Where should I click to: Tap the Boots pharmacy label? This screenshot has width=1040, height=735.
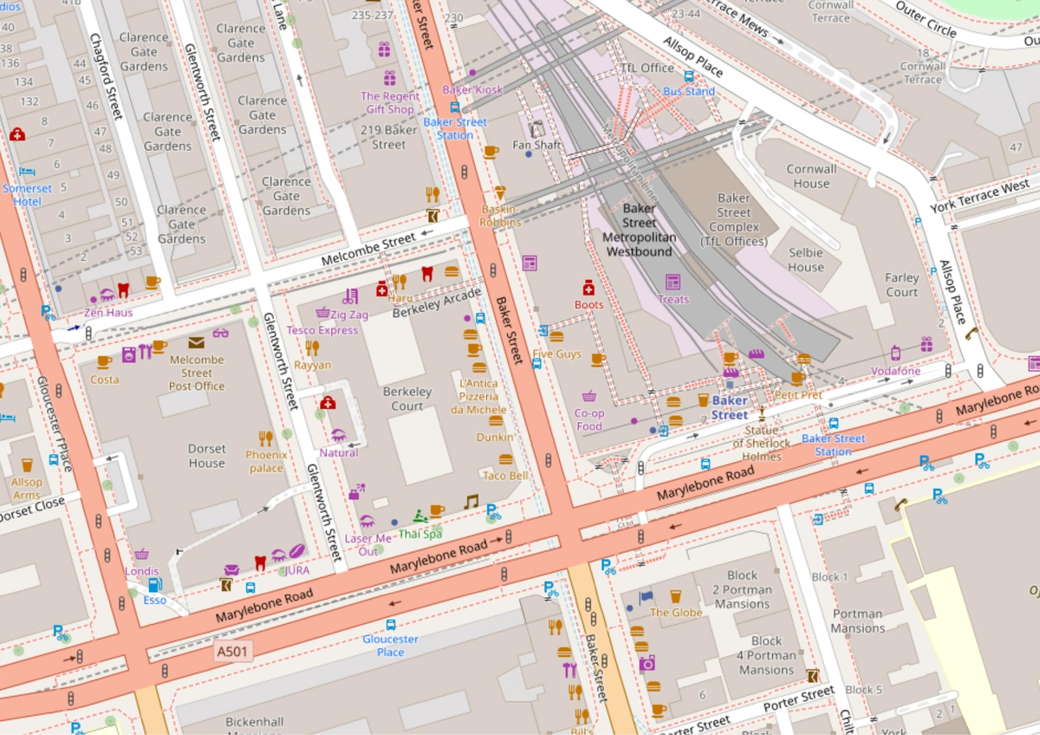click(x=588, y=304)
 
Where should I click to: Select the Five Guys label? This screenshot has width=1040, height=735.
click(x=556, y=354)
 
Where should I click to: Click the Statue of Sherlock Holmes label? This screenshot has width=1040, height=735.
click(x=762, y=443)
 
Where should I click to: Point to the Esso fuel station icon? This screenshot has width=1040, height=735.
click(x=154, y=584)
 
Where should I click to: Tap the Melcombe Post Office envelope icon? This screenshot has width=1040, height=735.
click(x=197, y=342)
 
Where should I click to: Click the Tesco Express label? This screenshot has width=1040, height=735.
click(x=322, y=330)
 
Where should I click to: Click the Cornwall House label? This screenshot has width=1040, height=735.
click(x=811, y=176)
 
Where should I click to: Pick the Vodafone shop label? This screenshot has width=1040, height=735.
click(x=896, y=371)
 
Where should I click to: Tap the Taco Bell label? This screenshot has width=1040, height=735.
click(x=505, y=476)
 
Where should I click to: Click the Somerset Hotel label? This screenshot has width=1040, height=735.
click(x=27, y=195)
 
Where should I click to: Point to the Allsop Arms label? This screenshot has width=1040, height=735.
click(x=26, y=488)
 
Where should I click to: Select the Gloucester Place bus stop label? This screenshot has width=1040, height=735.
click(x=390, y=645)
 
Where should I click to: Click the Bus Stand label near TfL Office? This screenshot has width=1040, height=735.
click(x=689, y=91)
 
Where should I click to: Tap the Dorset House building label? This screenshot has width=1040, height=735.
click(x=206, y=456)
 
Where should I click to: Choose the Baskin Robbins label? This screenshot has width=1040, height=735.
click(x=501, y=216)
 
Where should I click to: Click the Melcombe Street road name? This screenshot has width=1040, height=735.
click(x=368, y=250)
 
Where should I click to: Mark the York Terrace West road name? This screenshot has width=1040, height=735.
click(x=979, y=197)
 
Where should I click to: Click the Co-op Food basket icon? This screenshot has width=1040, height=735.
click(x=589, y=396)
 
